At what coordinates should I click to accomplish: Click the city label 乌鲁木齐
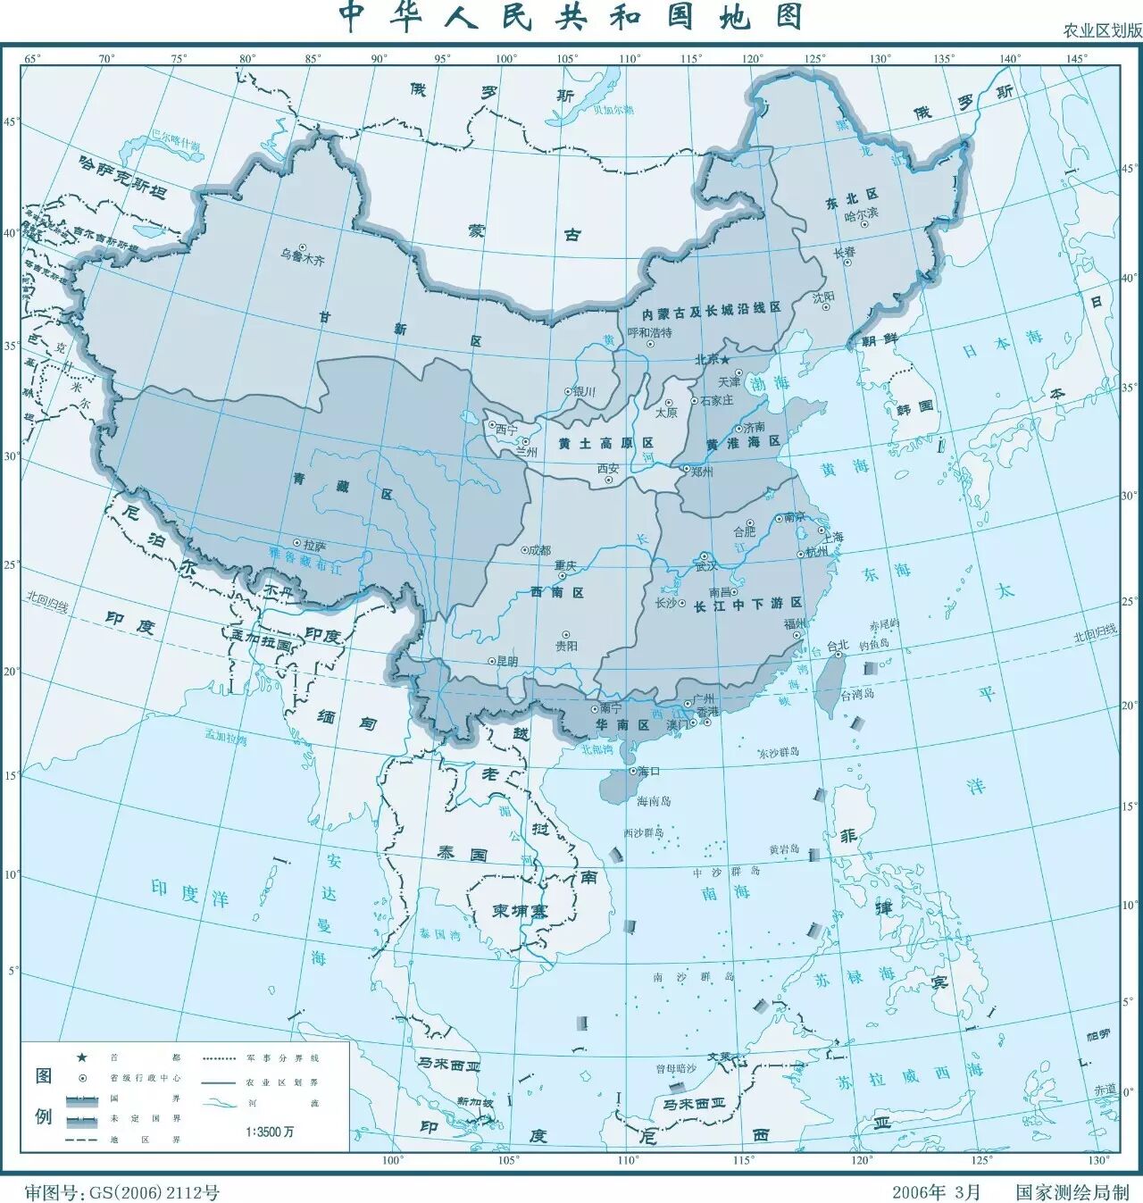coord(302,261)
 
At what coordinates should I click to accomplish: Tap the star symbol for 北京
coord(725,359)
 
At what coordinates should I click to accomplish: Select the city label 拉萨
coord(314,544)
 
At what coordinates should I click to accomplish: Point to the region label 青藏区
coord(343,481)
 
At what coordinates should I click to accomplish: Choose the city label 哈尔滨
coord(861,214)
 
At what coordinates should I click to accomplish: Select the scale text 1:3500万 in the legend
coord(270,1132)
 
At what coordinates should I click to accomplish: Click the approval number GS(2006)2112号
coord(153,1191)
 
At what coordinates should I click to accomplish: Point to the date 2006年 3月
coord(935,1191)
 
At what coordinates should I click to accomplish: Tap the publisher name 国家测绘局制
coord(1072,1191)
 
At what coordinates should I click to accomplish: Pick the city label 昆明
coord(506,662)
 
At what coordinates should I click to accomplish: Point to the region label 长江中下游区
coord(743,604)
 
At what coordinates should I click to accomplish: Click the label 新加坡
coord(474,1102)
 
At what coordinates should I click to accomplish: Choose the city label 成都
coord(540,551)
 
